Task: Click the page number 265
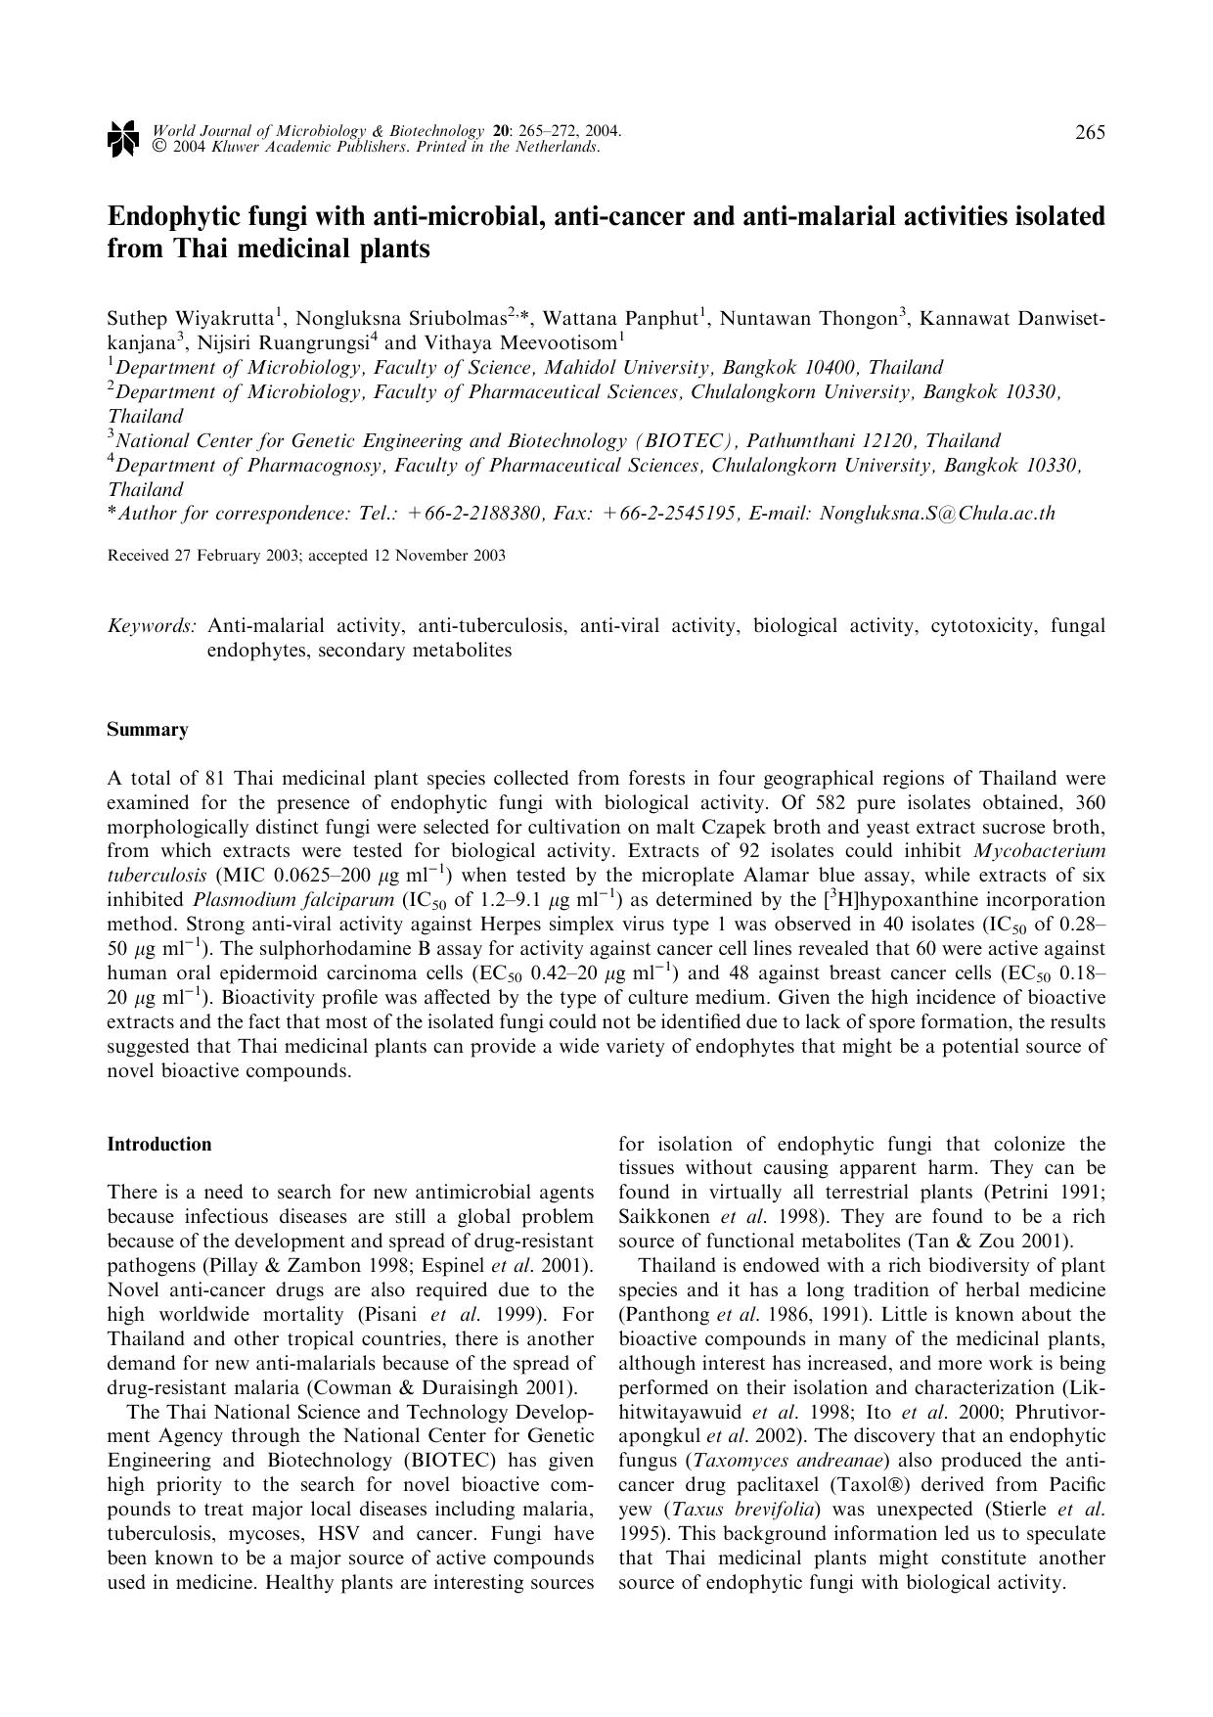point(1090,132)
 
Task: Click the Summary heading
point(148,730)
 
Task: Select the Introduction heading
point(159,1145)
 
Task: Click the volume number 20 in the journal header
point(501,130)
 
